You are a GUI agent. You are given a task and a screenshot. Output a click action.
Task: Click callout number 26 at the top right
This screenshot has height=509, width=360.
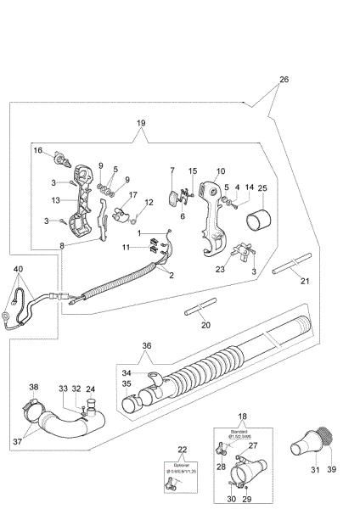click(283, 79)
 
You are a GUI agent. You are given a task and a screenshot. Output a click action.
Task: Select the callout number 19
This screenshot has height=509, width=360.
click(141, 123)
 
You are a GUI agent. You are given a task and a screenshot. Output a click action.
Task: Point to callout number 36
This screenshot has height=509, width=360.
click(146, 345)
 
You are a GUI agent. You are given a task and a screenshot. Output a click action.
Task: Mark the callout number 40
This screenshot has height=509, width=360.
click(18, 270)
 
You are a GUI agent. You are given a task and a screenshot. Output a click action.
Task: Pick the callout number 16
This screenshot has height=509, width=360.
click(37, 150)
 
